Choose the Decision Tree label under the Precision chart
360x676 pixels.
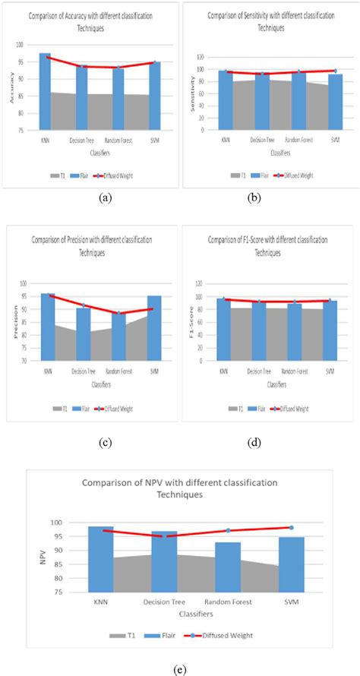click(84, 372)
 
